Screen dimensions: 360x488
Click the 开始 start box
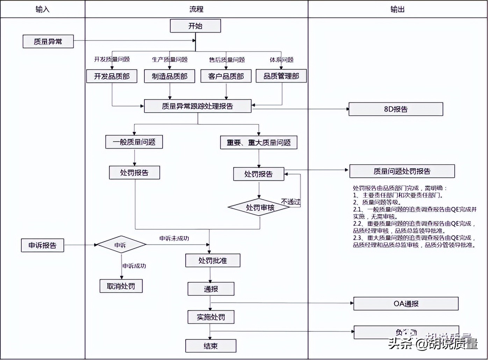click(195, 26)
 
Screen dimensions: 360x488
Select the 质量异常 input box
click(48, 42)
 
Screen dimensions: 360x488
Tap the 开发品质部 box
click(112, 76)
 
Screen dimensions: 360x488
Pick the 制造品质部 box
click(170, 76)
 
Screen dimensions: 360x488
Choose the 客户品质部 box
click(226, 76)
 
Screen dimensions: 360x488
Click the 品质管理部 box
click(281, 76)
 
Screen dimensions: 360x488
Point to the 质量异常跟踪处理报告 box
click(198, 106)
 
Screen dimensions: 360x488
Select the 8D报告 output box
click(396, 109)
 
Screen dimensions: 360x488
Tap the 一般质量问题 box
click(134, 142)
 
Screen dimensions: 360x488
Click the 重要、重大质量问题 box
click(259, 143)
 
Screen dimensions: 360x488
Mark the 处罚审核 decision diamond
click(259, 207)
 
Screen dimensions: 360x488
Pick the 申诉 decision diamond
click(121, 245)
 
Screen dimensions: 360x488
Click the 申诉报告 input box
click(42, 245)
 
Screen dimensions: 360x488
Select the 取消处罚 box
click(121, 286)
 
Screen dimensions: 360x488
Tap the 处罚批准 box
click(213, 260)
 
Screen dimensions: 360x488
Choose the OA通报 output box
click(406, 304)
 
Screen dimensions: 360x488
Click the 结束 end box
click(210, 346)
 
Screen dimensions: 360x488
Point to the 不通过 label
click(290, 202)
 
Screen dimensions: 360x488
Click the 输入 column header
click(42, 9)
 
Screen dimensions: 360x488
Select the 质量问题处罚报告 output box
click(402, 171)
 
